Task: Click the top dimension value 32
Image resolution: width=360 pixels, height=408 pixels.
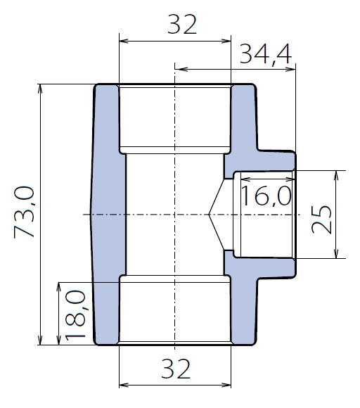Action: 182,25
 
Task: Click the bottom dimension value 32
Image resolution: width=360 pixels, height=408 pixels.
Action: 176,369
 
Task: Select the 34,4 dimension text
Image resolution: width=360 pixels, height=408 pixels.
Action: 266,55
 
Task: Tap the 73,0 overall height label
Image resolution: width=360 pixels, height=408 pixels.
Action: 24,212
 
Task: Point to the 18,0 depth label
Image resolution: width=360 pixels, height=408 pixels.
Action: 75,316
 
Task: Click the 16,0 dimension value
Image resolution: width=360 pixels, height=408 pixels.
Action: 266,196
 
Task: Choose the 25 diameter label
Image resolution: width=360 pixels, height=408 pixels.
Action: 321,219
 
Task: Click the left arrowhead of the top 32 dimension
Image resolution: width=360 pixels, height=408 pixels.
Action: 123,41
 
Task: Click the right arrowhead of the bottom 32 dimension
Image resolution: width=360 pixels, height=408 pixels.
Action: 226,385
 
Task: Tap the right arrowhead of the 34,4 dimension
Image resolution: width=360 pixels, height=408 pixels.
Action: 291,69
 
